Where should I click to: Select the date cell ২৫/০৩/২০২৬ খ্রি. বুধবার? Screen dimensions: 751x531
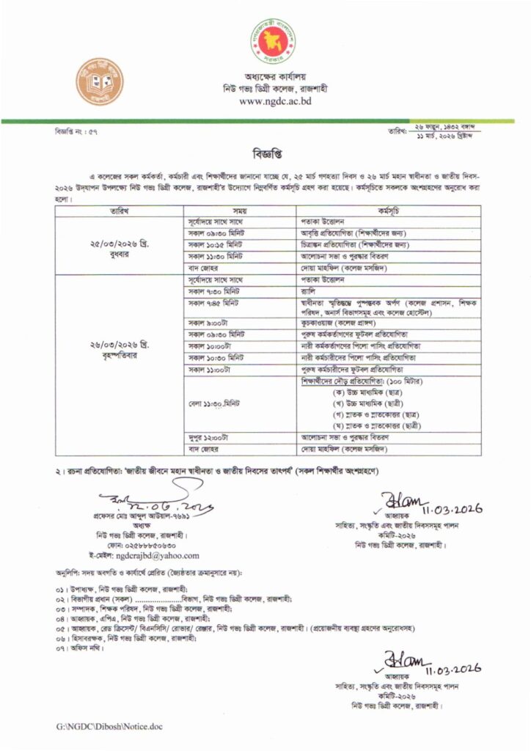click(x=119, y=244)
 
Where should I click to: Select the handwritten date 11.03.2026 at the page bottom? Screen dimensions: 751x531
click(x=453, y=668)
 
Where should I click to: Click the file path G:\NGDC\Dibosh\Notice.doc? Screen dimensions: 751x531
click(x=109, y=726)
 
